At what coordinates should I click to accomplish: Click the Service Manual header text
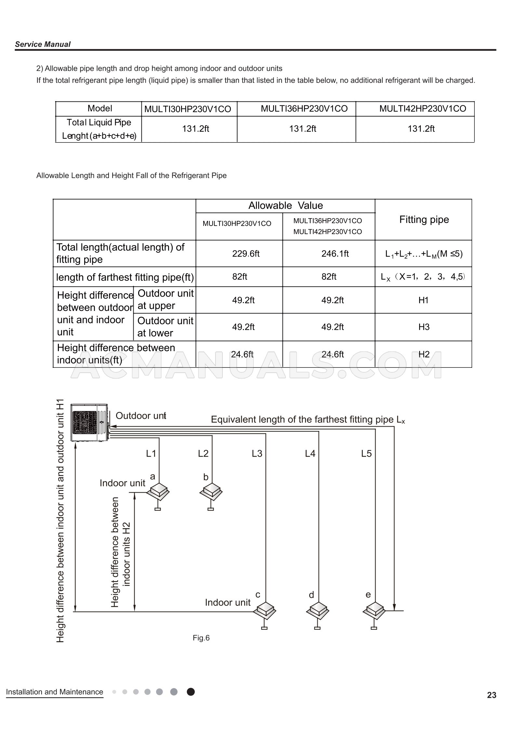point(43,44)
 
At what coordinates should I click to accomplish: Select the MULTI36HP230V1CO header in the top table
point(304,109)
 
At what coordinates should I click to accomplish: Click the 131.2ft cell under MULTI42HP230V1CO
point(421,129)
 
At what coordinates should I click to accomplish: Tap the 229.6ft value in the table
point(245,254)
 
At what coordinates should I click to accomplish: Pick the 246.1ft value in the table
point(335,254)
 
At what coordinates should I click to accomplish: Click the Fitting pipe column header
point(424,219)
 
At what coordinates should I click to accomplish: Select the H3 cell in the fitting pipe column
point(424,327)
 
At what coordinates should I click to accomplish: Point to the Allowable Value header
point(285,206)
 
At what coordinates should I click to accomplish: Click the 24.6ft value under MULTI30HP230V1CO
point(242,354)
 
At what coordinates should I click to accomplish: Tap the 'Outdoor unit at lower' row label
point(165,327)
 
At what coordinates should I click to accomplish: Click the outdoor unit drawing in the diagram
point(90,422)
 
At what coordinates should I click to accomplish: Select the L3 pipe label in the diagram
point(257,454)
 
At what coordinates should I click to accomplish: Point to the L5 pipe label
point(366,454)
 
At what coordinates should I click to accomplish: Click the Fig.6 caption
point(201,638)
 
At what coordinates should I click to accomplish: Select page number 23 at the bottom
point(491,695)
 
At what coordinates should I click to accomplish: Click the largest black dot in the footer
point(191,692)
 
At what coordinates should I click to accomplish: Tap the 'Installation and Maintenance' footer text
point(54,692)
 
